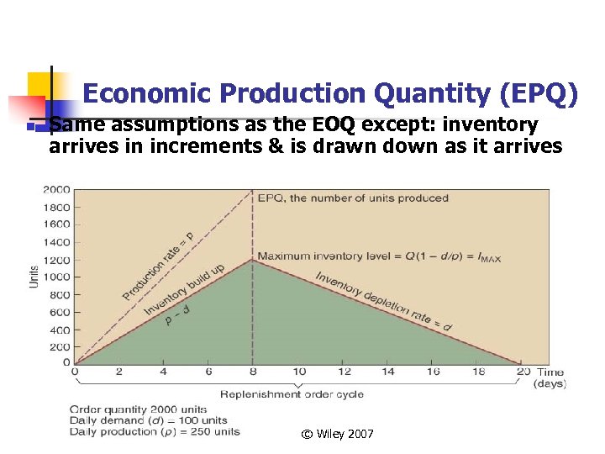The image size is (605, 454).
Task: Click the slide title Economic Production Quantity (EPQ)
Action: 330,94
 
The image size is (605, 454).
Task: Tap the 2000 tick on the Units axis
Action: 58,189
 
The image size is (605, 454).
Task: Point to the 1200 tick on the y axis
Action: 58,259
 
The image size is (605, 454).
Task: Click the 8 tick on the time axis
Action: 253,372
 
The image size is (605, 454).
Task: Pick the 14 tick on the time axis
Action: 390,372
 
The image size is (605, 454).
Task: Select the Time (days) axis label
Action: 550,377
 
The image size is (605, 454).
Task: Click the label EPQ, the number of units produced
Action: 353,198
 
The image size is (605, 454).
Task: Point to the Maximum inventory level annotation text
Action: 378,256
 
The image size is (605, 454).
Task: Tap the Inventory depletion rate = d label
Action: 384,299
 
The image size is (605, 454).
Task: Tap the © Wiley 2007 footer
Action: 338,434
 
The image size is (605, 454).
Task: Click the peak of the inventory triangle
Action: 253,260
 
